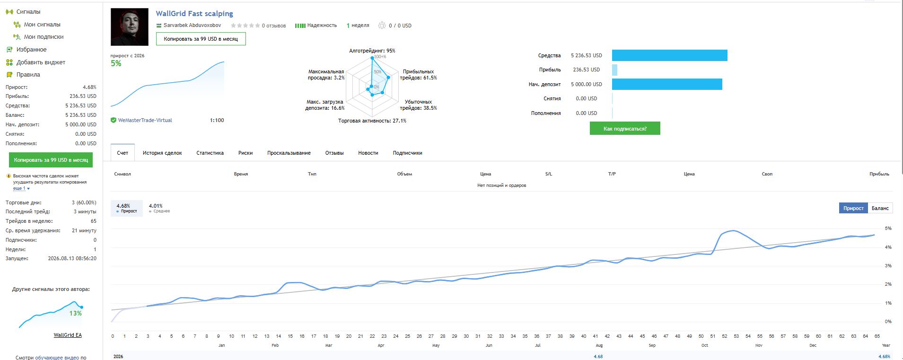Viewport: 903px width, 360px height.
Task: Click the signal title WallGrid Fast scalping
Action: pyautogui.click(x=194, y=14)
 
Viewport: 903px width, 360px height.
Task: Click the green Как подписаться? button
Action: pyautogui.click(x=625, y=128)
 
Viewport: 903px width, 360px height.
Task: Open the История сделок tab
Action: pyautogui.click(x=162, y=153)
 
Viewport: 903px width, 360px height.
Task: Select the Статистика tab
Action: pyautogui.click(x=210, y=153)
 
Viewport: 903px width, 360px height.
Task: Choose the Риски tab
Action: pyautogui.click(x=245, y=153)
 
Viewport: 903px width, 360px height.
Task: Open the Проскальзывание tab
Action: pyautogui.click(x=289, y=153)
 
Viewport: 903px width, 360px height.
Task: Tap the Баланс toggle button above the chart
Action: pyautogui.click(x=880, y=208)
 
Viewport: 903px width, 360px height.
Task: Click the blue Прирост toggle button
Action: pyautogui.click(x=853, y=208)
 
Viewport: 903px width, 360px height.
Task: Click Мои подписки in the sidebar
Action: pyautogui.click(x=44, y=37)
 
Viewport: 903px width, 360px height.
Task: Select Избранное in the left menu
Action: pyautogui.click(x=32, y=50)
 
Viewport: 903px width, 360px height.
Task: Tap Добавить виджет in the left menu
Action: pyautogui.click(x=41, y=62)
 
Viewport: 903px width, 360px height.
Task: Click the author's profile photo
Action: pyautogui.click(x=130, y=27)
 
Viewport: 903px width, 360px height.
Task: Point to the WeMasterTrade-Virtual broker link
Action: pyautogui.click(x=145, y=120)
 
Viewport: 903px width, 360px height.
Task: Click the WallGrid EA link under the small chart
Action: pyautogui.click(x=68, y=335)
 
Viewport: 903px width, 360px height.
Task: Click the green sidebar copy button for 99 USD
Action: pyautogui.click(x=51, y=160)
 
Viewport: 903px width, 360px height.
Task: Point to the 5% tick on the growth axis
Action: pyautogui.click(x=888, y=228)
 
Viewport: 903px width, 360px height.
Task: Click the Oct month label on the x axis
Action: pyautogui.click(x=705, y=345)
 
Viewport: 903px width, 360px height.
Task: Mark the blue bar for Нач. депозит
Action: pyautogui.click(x=667, y=84)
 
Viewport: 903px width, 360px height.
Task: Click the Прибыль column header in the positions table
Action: pyautogui.click(x=879, y=174)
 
